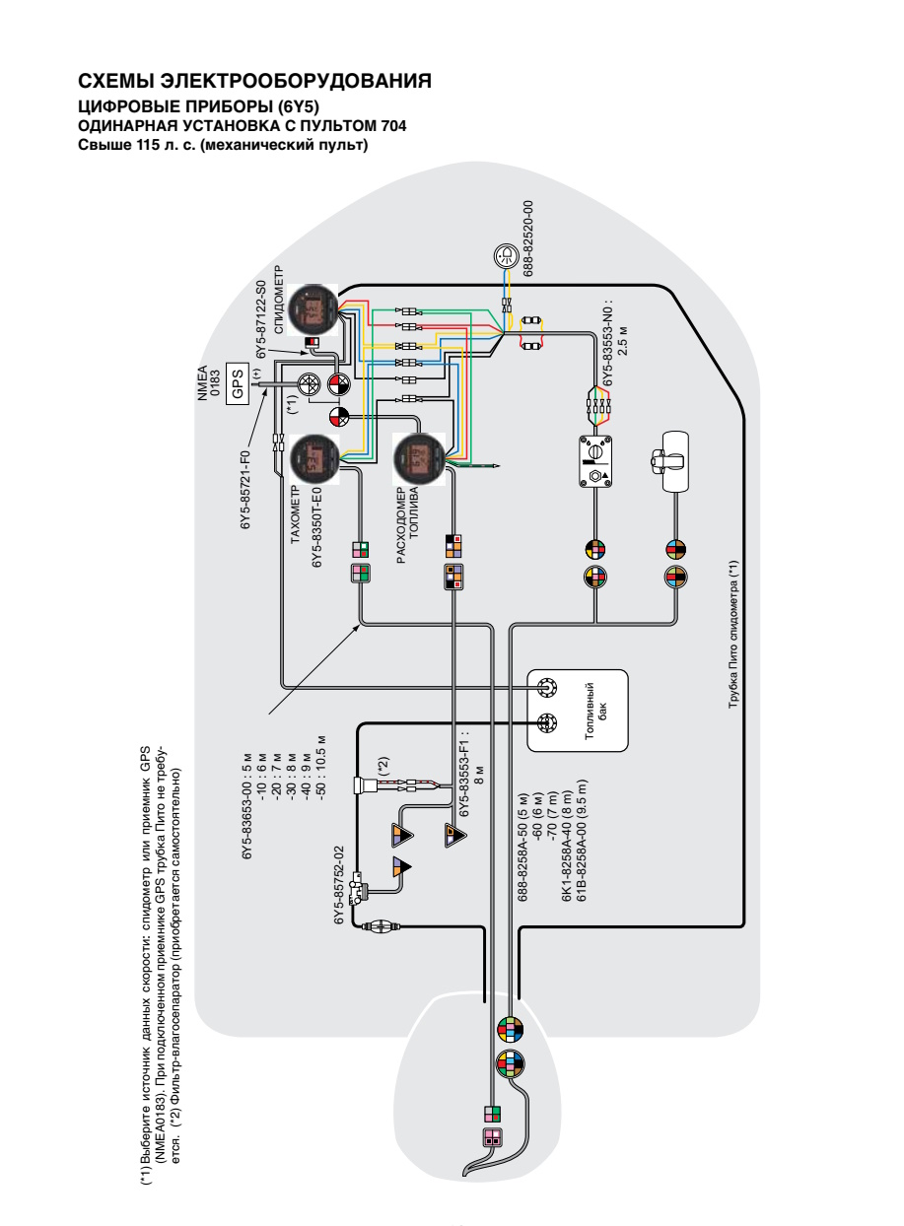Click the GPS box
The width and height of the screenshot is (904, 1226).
point(238,384)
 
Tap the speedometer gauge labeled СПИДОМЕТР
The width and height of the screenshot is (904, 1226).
point(313,309)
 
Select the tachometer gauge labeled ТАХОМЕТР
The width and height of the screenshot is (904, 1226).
point(314,459)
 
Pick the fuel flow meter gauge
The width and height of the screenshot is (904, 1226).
point(419,458)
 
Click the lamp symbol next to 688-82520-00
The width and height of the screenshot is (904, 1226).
point(506,255)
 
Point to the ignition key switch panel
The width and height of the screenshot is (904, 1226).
point(595,461)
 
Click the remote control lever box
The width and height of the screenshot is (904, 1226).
point(672,461)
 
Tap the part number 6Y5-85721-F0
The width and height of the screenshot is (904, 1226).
point(245,489)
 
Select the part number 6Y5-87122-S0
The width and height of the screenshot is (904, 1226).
point(260,320)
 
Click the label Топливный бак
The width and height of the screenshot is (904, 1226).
point(595,711)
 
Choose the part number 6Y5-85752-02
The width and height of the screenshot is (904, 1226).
point(339,885)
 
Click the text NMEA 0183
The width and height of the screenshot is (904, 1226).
point(209,383)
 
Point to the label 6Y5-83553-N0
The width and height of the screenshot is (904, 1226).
point(608,343)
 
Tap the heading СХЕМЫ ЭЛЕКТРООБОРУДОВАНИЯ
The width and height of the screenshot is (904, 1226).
point(254,81)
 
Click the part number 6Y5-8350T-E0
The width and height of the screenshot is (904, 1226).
point(317,527)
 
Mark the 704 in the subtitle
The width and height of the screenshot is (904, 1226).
point(392,126)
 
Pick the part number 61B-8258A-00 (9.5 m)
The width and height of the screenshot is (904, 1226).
point(581,840)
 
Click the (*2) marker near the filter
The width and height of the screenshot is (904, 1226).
point(383,766)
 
